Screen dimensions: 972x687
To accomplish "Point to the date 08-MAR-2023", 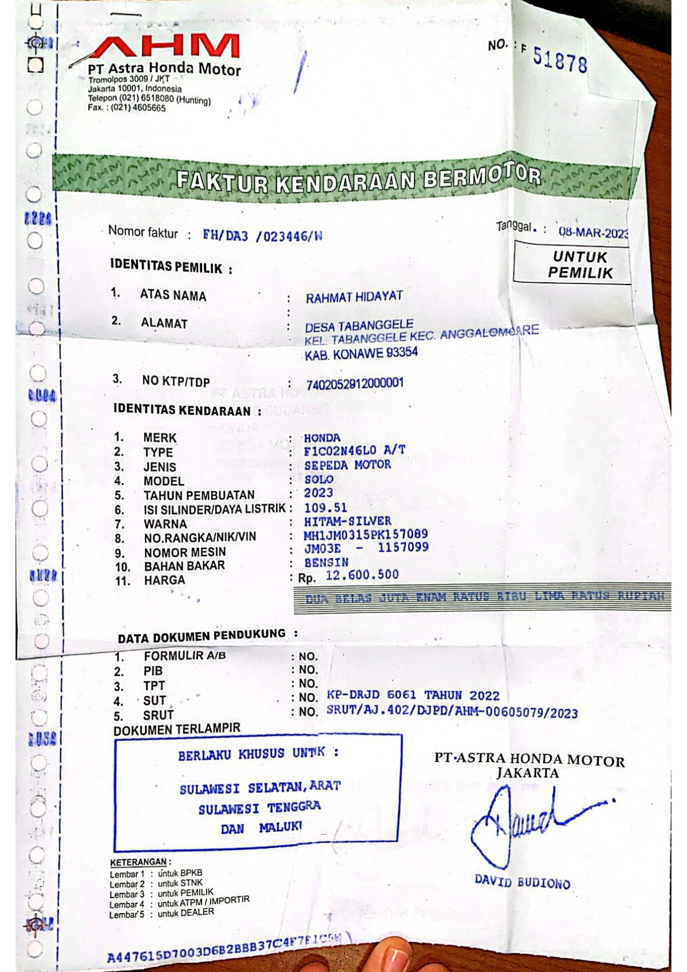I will [x=593, y=233].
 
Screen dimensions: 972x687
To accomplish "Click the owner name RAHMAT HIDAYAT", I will [x=354, y=297].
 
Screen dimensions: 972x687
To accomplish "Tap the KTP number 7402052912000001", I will [x=354, y=384].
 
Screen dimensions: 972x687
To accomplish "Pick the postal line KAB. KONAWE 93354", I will [x=361, y=353].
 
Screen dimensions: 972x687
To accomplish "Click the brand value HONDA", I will [x=322, y=438].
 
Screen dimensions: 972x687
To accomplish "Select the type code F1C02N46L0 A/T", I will [x=354, y=451].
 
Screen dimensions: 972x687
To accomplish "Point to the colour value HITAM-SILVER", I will [x=348, y=521].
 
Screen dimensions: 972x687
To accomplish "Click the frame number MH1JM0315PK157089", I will [x=365, y=535].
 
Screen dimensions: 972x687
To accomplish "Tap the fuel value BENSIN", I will [x=326, y=563].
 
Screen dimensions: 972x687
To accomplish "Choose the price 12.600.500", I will [x=362, y=575].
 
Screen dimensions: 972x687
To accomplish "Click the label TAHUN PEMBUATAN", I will [x=199, y=495].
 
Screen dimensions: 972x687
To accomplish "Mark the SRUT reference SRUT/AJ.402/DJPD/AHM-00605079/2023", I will [x=452, y=713].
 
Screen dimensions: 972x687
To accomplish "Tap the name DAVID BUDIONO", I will [x=522, y=882].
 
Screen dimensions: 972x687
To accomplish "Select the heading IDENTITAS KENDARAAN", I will [x=182, y=410].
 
